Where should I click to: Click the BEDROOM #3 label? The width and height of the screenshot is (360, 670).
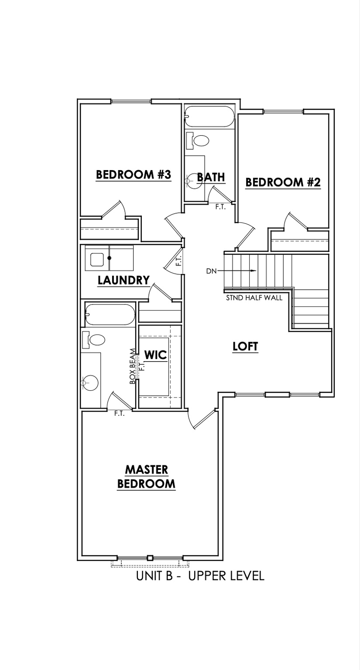coord(133,175)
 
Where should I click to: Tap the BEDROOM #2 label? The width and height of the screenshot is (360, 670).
coord(283,182)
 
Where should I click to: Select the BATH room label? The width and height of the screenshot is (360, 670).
coord(211,177)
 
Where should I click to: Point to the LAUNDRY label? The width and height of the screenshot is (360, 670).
coord(123,280)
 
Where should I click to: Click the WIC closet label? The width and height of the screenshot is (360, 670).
coord(156,355)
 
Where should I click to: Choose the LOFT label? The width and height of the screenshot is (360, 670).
coord(245,347)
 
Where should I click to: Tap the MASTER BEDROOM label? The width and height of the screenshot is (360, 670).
coord(147,477)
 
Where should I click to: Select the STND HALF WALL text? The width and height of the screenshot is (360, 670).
coord(254,298)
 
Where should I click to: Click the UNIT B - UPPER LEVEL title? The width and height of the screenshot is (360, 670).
coord(200,576)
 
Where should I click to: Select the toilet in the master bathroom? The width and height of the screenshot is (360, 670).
coord(95,340)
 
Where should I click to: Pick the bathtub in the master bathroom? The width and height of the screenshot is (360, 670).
coord(110,314)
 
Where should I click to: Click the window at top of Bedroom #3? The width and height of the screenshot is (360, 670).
coord(131,102)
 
